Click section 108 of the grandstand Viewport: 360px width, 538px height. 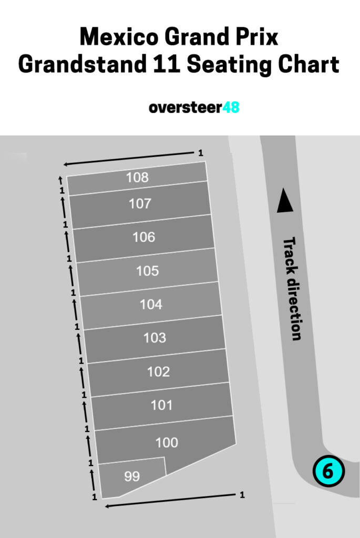[x=137, y=178]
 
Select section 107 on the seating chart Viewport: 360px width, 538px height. [x=140, y=204]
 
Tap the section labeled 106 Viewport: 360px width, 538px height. [x=143, y=237]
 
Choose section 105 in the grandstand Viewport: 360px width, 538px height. [x=147, y=271]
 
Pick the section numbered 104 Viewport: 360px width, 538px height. [x=151, y=304]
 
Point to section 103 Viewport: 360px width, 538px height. [x=155, y=338]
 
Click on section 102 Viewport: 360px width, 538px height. [x=158, y=372]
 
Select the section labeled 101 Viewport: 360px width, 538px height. [x=161, y=406]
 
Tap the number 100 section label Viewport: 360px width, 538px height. [x=167, y=443]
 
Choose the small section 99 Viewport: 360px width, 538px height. [x=132, y=477]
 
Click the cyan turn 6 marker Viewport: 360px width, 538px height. [x=328, y=471]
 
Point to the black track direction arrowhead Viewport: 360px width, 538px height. [x=284, y=201]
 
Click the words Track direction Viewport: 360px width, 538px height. [x=293, y=288]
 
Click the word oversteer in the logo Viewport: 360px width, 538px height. [x=181, y=108]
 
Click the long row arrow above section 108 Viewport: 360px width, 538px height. [x=129, y=158]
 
